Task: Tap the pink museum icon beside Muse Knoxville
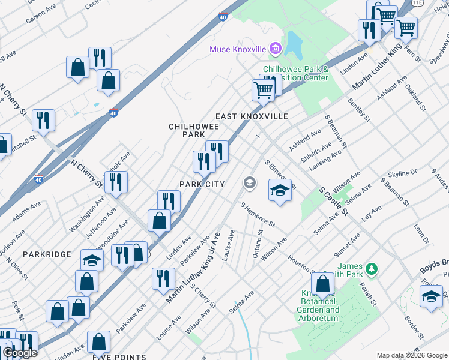[275, 48]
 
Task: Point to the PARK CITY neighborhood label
[202, 184]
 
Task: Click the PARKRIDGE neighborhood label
[47, 255]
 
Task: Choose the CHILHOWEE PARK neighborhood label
[190, 131]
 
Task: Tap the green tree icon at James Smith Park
[372, 268]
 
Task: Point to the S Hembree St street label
[257, 215]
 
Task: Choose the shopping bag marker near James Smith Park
[323, 285]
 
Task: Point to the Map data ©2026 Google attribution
[412, 355]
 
